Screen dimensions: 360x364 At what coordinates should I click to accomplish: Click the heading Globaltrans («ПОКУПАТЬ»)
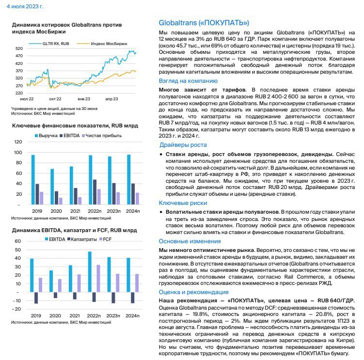tap(204, 23)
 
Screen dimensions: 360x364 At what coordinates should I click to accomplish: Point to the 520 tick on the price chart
tap(19, 48)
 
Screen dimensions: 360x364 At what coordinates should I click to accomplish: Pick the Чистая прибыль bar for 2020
tap(61, 201)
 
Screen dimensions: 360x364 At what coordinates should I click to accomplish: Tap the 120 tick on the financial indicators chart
tap(19, 142)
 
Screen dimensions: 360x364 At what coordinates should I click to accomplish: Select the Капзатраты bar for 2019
tap(36, 298)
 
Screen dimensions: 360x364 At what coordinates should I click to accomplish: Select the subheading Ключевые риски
tap(185, 203)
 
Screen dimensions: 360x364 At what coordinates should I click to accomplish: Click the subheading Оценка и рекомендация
tap(194, 292)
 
